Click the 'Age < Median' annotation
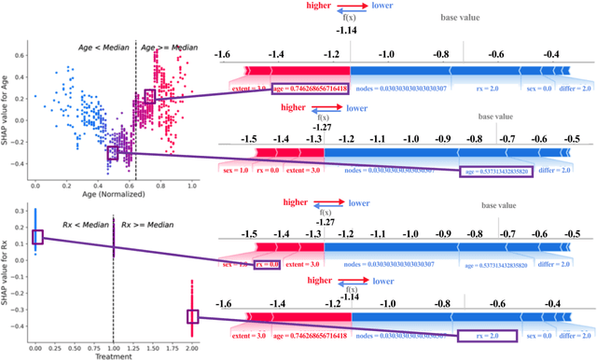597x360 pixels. tap(104, 45)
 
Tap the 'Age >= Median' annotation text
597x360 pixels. tap(168, 45)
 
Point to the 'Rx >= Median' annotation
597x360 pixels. tap(141, 225)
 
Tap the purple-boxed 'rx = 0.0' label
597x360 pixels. tap(267, 266)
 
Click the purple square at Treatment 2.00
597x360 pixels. tap(193, 317)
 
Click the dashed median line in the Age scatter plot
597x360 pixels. tap(136, 112)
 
